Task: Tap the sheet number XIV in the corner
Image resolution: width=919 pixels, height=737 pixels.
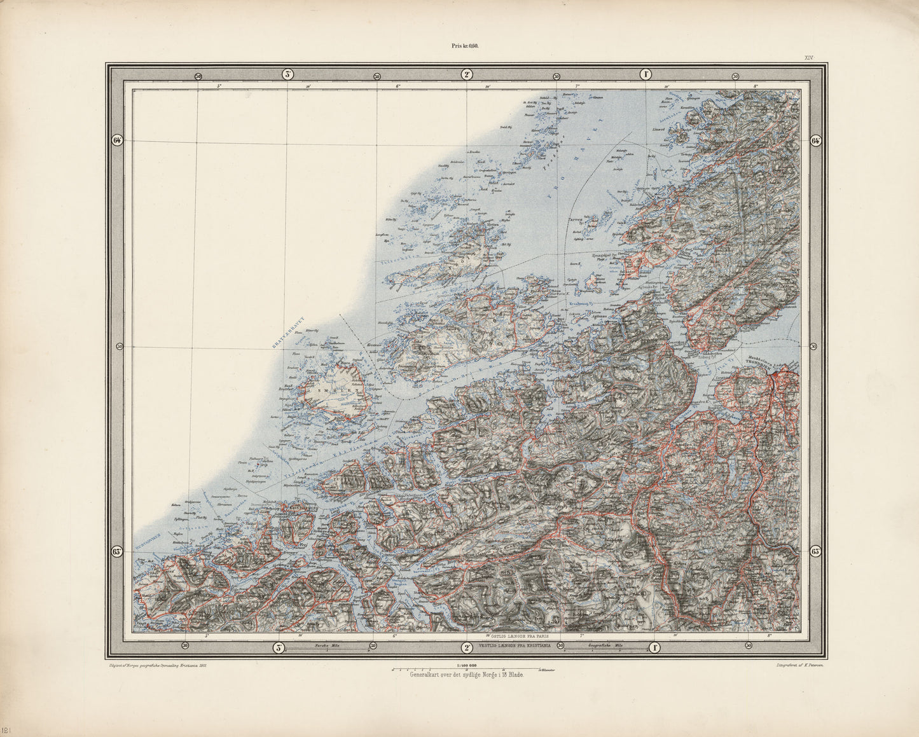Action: (808, 58)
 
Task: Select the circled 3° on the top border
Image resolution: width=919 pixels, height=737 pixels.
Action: (287, 74)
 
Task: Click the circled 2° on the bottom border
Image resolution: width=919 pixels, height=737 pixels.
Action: (467, 647)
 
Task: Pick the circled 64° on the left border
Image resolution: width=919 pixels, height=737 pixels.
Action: (117, 141)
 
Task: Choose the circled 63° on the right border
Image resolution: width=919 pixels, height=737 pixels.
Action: (817, 551)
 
